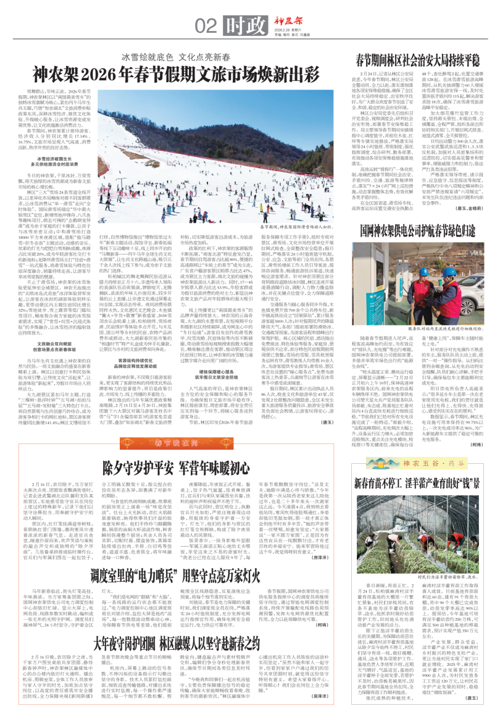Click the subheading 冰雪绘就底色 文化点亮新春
tap(168, 56)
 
